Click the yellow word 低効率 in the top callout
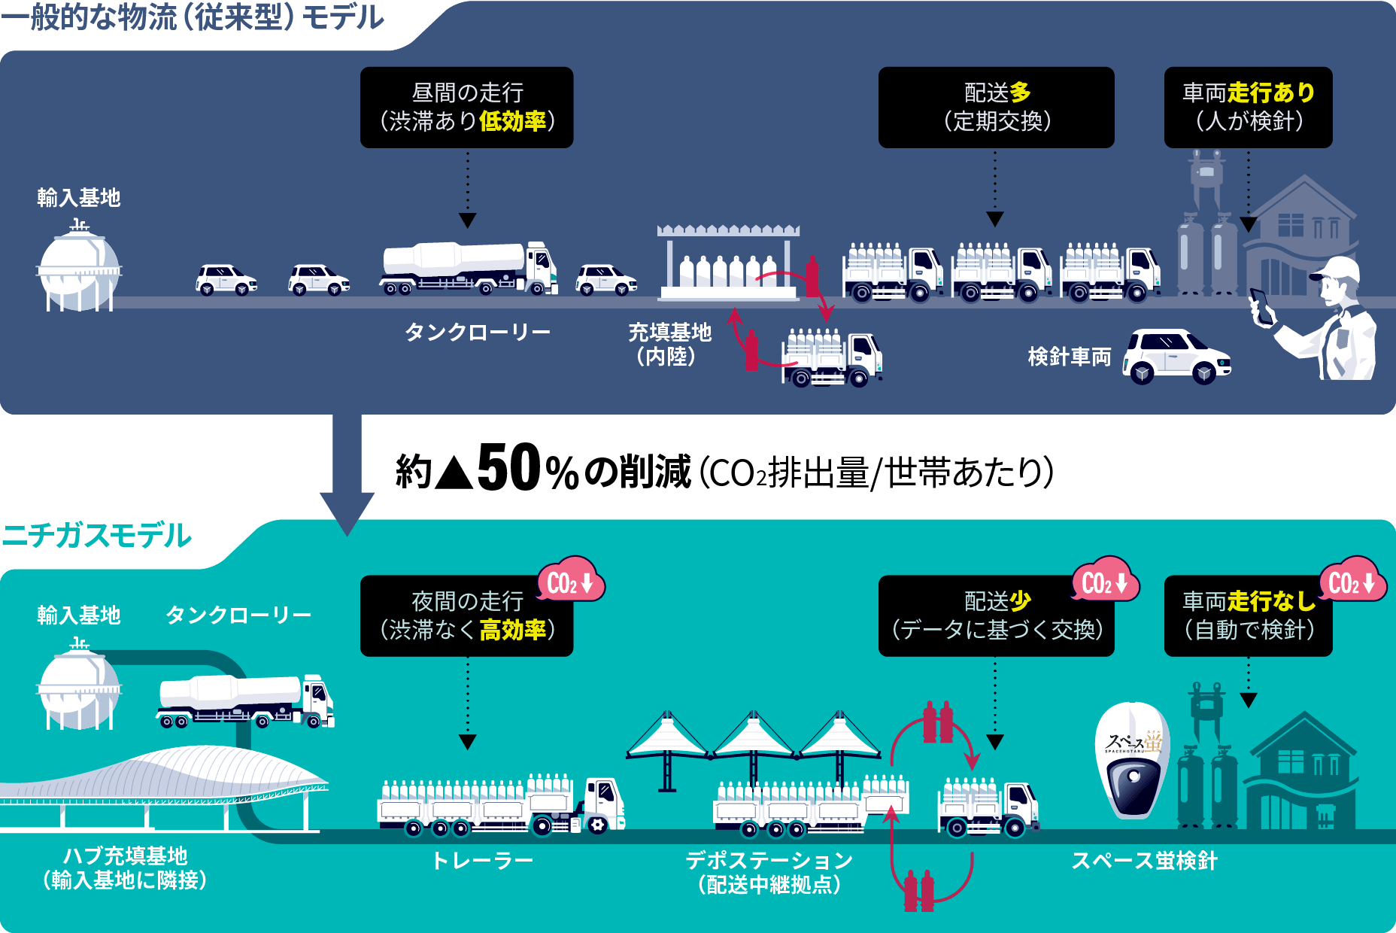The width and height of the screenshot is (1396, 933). point(512,121)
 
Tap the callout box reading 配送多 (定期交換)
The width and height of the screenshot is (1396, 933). point(996,107)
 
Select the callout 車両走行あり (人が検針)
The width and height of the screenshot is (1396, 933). point(1248,107)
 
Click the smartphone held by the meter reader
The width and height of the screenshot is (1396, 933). point(1261,305)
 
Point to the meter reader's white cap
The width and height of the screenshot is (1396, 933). point(1339,269)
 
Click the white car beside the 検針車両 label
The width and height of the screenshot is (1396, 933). point(1176,356)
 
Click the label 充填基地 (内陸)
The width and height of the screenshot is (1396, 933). point(669,343)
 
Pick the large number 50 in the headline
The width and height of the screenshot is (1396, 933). point(508,468)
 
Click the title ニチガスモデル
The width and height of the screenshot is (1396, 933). point(96,536)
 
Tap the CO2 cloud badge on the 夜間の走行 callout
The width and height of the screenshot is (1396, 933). point(571,581)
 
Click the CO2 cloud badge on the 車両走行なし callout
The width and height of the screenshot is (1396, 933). point(1352,581)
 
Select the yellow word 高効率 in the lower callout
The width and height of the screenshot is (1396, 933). point(512,630)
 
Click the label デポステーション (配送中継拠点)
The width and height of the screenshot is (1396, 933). point(769,871)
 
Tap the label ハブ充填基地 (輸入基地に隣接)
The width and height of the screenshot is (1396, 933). point(125,868)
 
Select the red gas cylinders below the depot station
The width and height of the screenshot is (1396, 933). point(918,891)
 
